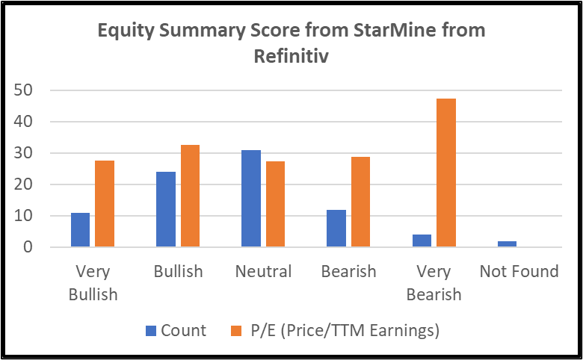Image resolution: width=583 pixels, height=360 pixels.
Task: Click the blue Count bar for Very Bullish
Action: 80,230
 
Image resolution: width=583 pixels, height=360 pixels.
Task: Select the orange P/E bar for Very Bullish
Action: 105,204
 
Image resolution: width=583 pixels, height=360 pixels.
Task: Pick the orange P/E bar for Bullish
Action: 190,196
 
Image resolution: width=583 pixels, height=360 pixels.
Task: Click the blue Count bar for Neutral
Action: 251,199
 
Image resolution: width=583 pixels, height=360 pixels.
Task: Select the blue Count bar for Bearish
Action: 336,229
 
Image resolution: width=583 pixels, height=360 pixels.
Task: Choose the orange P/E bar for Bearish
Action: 360,202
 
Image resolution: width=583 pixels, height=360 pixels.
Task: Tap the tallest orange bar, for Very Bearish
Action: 446,173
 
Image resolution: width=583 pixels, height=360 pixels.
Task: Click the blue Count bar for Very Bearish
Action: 422,241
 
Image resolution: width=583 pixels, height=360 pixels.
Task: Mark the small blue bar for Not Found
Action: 507,244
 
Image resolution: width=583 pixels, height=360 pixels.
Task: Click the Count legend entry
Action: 176,329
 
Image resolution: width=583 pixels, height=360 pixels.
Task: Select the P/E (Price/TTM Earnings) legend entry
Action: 334,329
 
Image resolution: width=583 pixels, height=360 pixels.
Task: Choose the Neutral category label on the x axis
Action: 263,271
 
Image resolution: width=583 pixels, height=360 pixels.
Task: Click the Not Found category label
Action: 519,271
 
